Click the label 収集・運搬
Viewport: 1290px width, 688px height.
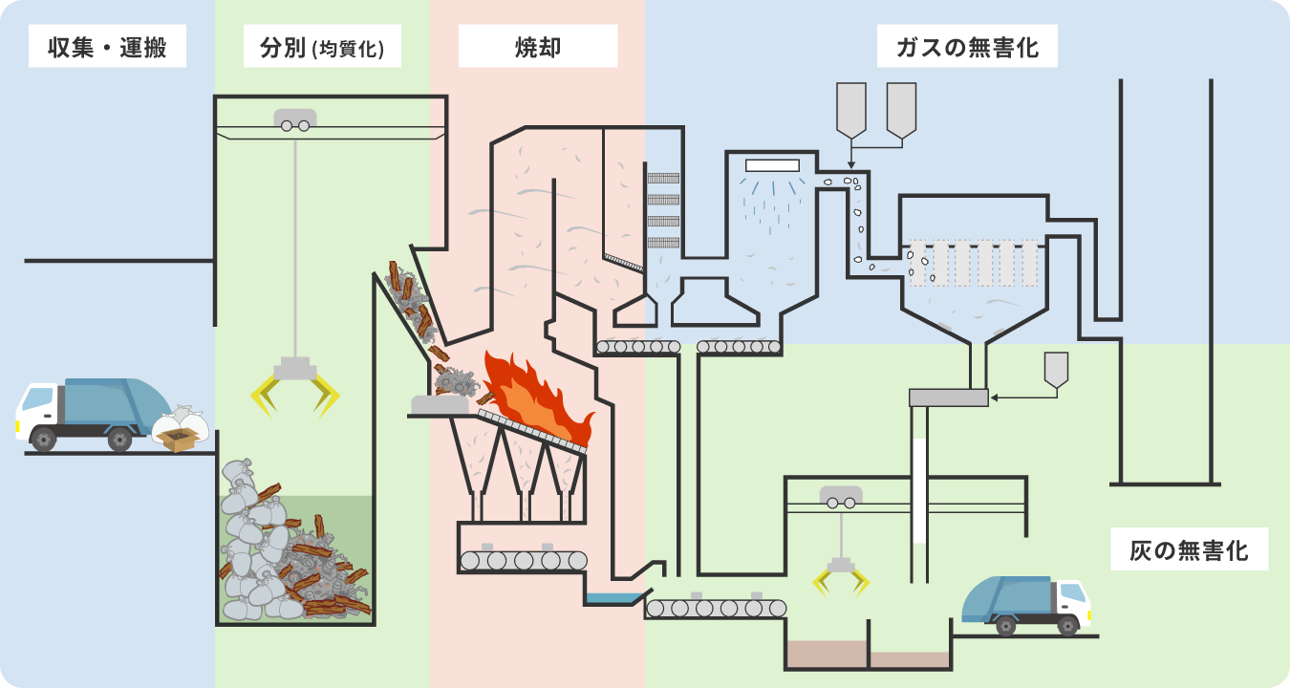[107, 47]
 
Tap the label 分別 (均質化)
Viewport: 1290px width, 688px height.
[322, 47]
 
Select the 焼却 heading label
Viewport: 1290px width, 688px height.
[538, 47]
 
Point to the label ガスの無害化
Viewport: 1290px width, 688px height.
[967, 47]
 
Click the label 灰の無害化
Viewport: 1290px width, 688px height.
[1190, 550]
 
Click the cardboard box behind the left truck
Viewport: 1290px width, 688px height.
[179, 440]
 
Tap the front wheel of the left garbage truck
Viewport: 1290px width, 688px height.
[43, 440]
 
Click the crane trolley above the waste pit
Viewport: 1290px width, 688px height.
[295, 119]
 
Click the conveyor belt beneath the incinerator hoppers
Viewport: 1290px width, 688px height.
[523, 560]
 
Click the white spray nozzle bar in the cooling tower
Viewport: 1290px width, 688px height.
[772, 166]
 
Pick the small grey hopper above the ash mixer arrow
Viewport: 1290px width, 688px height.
[1056, 370]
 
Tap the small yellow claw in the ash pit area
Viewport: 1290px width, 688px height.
[841, 576]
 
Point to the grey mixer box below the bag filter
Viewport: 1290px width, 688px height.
[949, 398]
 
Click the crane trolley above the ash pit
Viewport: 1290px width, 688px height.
[841, 497]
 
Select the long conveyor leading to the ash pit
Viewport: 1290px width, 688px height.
[716, 608]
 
